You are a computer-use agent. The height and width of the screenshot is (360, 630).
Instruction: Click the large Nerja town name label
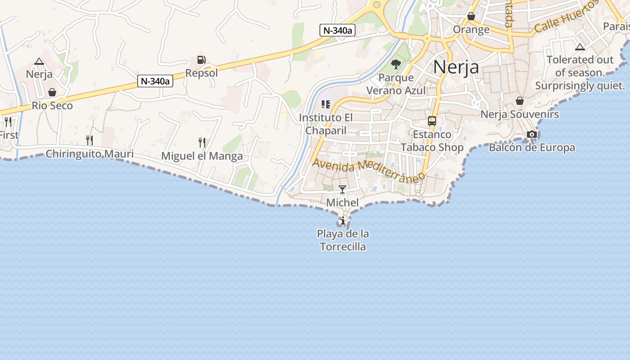click(456, 67)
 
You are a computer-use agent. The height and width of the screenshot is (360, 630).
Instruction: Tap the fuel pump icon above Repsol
click(201, 60)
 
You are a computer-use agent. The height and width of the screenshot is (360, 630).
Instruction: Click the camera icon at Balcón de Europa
click(532, 134)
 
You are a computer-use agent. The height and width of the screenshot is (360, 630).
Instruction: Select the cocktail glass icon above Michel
click(342, 189)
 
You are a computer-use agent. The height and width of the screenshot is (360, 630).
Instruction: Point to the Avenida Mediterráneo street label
click(369, 170)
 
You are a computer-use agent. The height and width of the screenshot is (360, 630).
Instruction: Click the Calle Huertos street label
click(567, 16)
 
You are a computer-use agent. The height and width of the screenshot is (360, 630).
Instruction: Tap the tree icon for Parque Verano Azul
click(396, 64)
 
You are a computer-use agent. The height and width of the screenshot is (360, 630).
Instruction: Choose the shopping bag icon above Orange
click(471, 17)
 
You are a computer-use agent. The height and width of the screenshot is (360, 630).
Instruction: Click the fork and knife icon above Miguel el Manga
click(202, 143)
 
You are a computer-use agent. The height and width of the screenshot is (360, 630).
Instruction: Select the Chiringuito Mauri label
click(90, 154)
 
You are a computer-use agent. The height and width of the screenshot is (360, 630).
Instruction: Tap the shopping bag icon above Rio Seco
click(52, 92)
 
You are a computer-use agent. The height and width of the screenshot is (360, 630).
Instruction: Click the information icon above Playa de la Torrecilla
click(343, 220)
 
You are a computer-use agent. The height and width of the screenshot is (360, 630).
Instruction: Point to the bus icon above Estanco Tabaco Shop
click(432, 121)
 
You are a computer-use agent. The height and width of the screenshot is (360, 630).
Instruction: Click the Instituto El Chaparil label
click(326, 124)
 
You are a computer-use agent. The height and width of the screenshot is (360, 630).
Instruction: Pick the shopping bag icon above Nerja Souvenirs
click(520, 101)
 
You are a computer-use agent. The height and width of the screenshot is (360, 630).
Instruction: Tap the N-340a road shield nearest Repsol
click(155, 81)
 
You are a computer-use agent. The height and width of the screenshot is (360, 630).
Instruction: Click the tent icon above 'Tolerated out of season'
click(580, 47)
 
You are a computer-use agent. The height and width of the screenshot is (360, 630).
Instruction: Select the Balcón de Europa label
click(532, 148)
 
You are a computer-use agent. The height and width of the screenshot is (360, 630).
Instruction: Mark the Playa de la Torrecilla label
click(343, 240)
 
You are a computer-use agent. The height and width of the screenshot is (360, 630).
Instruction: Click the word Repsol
click(202, 73)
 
